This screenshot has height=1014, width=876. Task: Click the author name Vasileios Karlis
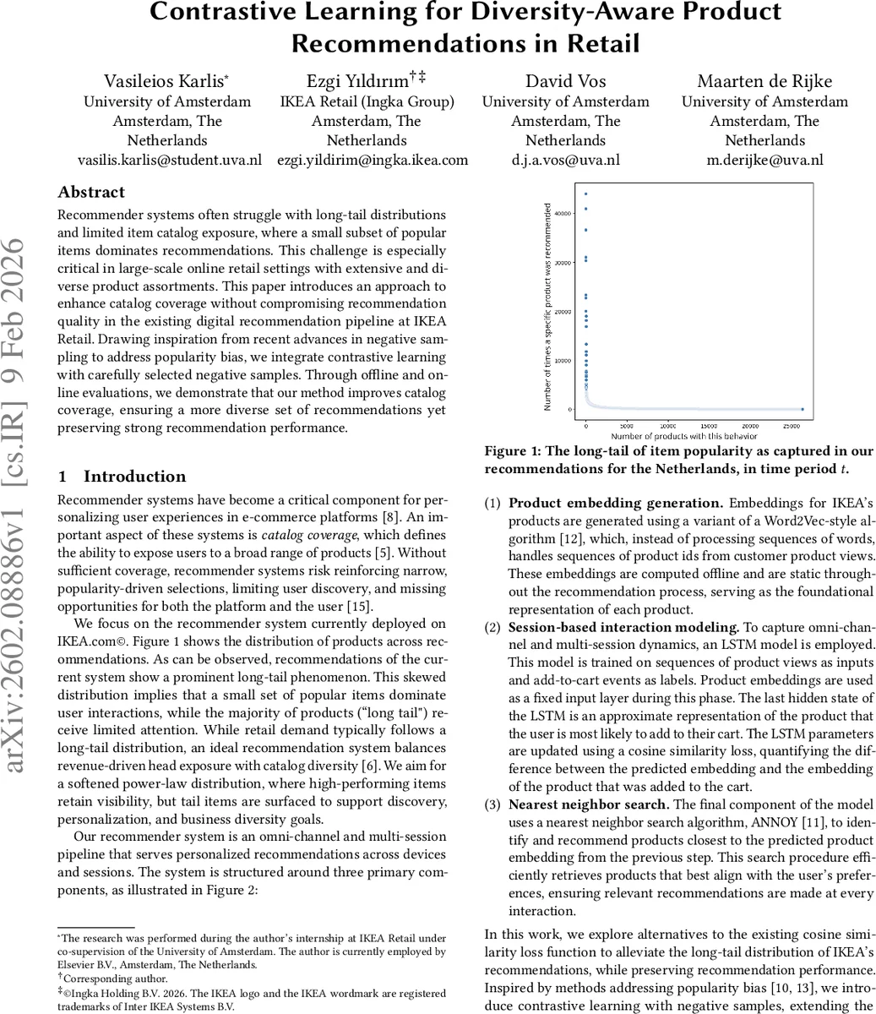coord(165,82)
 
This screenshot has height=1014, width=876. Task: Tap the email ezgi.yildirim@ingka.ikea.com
coord(373,160)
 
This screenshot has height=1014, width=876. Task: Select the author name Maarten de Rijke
coord(764,82)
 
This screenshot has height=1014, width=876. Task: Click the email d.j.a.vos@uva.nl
coord(565,160)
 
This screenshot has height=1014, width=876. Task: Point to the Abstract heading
coord(91,192)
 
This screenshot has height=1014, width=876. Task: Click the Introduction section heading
coord(134,477)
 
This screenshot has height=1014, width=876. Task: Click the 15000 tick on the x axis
coord(709,427)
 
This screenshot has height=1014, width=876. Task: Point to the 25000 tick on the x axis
coord(791,427)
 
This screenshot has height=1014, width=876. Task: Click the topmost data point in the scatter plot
coord(585,194)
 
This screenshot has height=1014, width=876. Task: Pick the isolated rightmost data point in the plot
coord(802,410)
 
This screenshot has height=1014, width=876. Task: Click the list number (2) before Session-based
coord(492,628)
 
